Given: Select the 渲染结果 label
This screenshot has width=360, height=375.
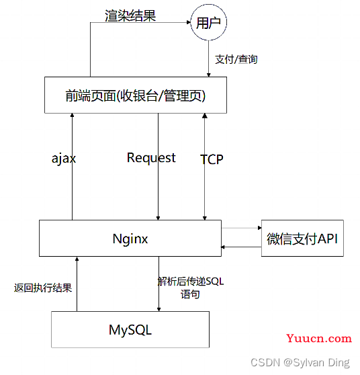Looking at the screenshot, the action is click(130, 15).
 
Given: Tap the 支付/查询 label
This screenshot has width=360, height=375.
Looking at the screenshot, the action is click(236, 59).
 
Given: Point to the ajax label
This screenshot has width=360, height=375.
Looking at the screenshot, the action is click(64, 159).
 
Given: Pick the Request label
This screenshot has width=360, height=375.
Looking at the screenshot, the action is click(151, 158).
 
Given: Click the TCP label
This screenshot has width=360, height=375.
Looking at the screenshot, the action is click(212, 159).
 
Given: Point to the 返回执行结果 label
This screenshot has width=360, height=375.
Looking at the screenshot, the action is click(43, 288).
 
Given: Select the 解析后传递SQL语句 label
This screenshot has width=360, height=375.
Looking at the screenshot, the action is click(191, 288).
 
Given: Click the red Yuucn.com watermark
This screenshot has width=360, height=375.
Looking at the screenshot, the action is click(319, 338).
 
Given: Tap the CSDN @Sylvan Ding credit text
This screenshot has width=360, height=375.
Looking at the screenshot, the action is click(300, 362).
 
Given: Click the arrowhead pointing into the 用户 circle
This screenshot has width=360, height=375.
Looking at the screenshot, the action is click(189, 22).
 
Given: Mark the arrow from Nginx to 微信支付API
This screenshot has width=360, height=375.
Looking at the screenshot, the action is click(241, 228).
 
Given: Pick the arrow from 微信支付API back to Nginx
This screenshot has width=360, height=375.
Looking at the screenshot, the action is click(241, 247).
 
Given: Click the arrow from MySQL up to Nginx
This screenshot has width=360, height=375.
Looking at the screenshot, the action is click(77, 284).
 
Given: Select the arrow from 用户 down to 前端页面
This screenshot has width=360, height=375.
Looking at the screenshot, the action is click(208, 58).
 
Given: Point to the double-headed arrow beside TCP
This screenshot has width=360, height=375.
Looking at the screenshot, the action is click(205, 167).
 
